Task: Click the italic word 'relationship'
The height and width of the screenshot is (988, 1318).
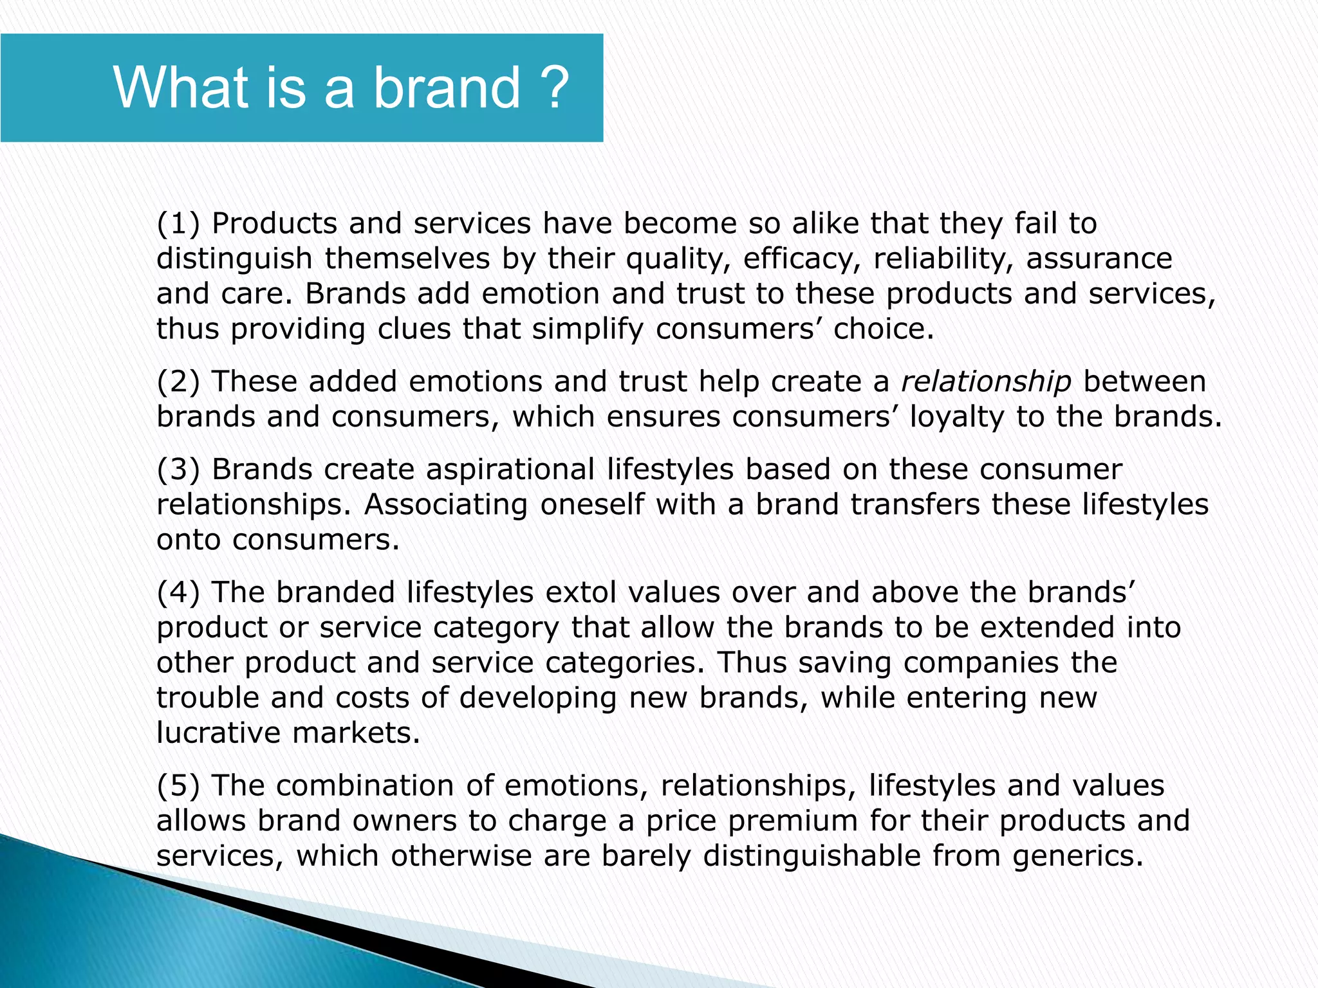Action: tap(985, 382)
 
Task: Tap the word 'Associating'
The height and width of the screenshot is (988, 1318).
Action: tap(446, 505)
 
